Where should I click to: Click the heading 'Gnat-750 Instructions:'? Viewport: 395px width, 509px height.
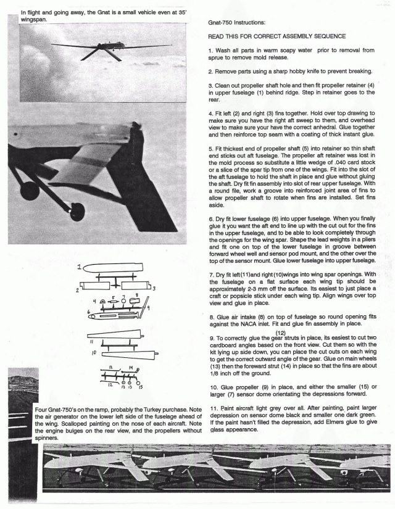pos(239,22)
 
